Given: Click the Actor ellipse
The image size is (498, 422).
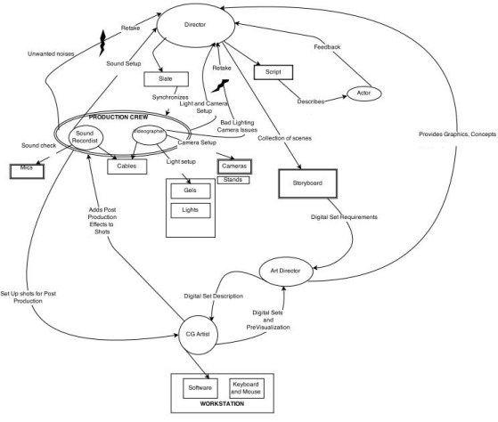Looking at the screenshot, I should [x=365, y=93].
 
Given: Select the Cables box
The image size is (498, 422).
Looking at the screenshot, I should [x=127, y=166].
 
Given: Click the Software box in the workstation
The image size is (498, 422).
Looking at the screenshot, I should [x=197, y=388].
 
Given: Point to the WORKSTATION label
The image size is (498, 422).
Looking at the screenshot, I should [x=220, y=407].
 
